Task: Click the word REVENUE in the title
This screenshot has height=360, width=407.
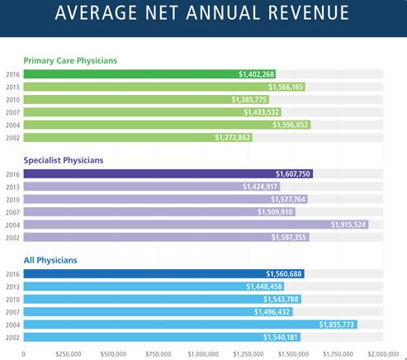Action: coord(309,12)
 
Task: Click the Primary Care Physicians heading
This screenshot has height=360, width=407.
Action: coord(70,60)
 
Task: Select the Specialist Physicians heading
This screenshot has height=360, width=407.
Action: coord(64,160)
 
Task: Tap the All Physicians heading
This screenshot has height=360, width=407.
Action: coord(50,260)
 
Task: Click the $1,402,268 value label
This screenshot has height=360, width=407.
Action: coord(256,74)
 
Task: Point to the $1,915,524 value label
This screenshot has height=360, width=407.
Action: coord(348,225)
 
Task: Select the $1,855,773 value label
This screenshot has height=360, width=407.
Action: coord(336,324)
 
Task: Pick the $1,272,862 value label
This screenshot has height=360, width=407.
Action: coord(233,137)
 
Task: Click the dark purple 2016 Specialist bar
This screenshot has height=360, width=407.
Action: coord(168,174)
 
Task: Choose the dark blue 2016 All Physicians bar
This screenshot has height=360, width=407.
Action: coord(163,274)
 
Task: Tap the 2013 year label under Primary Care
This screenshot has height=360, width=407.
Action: coord(12,87)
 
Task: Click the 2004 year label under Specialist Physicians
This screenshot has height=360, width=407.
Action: coord(12,225)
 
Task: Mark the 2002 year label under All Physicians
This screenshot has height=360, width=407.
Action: coord(12,338)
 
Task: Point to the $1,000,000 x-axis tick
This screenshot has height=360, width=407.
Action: coord(203,354)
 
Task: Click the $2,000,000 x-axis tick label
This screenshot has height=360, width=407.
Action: coord(383,354)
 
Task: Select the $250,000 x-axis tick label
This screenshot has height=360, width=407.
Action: coord(69,354)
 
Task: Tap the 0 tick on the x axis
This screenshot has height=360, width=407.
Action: coord(24,354)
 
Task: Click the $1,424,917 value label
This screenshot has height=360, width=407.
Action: coord(260,187)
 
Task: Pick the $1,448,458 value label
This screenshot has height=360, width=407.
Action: coord(264,287)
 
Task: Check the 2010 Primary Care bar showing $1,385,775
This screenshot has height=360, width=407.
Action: coord(146,100)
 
